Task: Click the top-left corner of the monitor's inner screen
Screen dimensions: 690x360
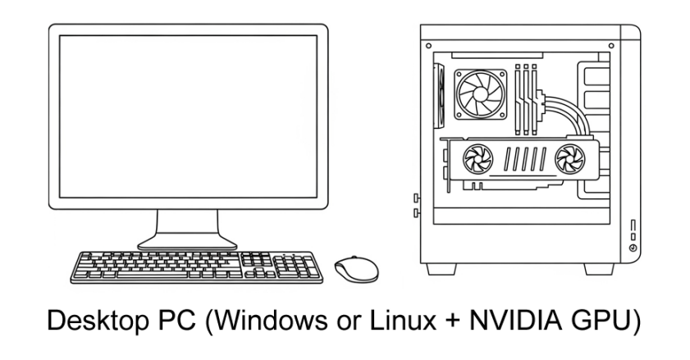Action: coord(59,35)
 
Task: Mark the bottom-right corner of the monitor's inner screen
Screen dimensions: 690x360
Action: coord(317,198)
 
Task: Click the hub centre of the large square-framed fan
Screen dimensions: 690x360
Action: coord(480,94)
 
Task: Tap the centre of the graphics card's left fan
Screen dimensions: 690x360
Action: coord(478,159)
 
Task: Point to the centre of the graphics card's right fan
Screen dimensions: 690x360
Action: coord(570,159)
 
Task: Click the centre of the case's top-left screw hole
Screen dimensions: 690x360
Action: coord(428,46)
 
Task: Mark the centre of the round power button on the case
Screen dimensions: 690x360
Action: coord(633,248)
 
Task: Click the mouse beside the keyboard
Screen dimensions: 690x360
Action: coord(356,269)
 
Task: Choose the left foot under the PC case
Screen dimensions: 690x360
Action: coord(441,269)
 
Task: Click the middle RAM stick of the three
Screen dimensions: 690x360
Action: coord(526,99)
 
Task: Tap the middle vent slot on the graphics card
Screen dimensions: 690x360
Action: coord(525,159)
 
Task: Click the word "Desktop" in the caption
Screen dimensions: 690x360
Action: coord(98,321)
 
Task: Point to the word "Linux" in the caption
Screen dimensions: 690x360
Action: coord(403,321)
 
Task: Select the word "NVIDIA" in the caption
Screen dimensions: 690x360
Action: coord(516,321)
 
